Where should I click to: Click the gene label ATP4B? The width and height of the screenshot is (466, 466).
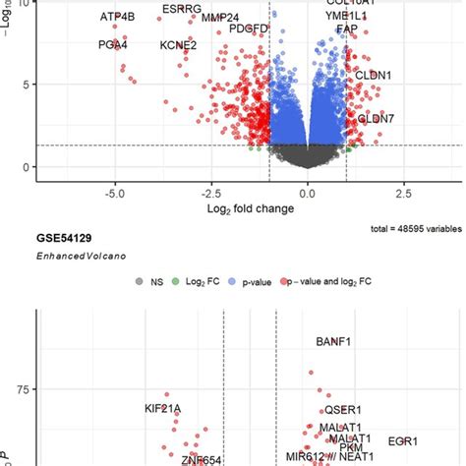tap(119, 17)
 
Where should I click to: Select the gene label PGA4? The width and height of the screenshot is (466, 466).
tap(113, 44)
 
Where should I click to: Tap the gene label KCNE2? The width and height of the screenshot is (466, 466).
tap(178, 44)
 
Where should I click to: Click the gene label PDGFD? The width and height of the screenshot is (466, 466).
tap(248, 29)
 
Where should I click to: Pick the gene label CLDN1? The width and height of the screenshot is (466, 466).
tap(373, 75)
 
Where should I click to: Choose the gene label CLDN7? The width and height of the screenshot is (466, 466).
tap(375, 118)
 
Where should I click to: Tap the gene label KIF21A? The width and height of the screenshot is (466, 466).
tap(163, 408)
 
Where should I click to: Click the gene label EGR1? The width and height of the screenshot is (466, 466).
tap(403, 441)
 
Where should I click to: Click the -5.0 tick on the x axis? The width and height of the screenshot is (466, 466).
tap(115, 193)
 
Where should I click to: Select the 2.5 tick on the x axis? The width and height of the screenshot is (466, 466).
tap(402, 193)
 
